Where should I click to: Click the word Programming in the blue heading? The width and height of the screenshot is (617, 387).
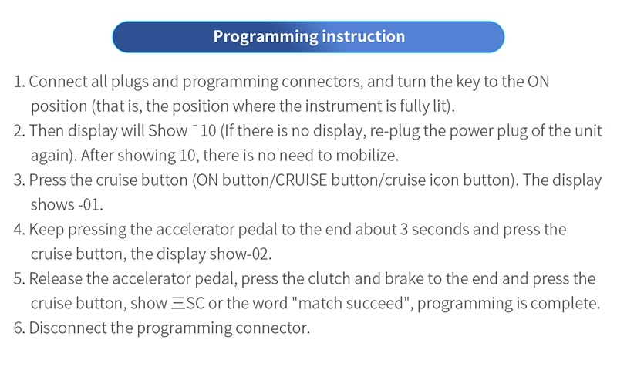click(265, 37)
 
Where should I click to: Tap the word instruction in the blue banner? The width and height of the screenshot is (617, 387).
click(363, 36)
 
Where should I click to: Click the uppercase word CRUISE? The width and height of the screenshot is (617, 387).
click(301, 180)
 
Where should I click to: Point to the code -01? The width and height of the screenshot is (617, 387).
click(89, 205)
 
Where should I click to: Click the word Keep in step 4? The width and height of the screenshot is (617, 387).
click(46, 230)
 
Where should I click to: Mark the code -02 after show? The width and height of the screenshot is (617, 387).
click(258, 254)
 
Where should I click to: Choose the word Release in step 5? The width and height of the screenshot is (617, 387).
click(56, 279)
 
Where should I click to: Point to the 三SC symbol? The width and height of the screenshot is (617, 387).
click(187, 304)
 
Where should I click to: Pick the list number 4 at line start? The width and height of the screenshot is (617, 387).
click(17, 230)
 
